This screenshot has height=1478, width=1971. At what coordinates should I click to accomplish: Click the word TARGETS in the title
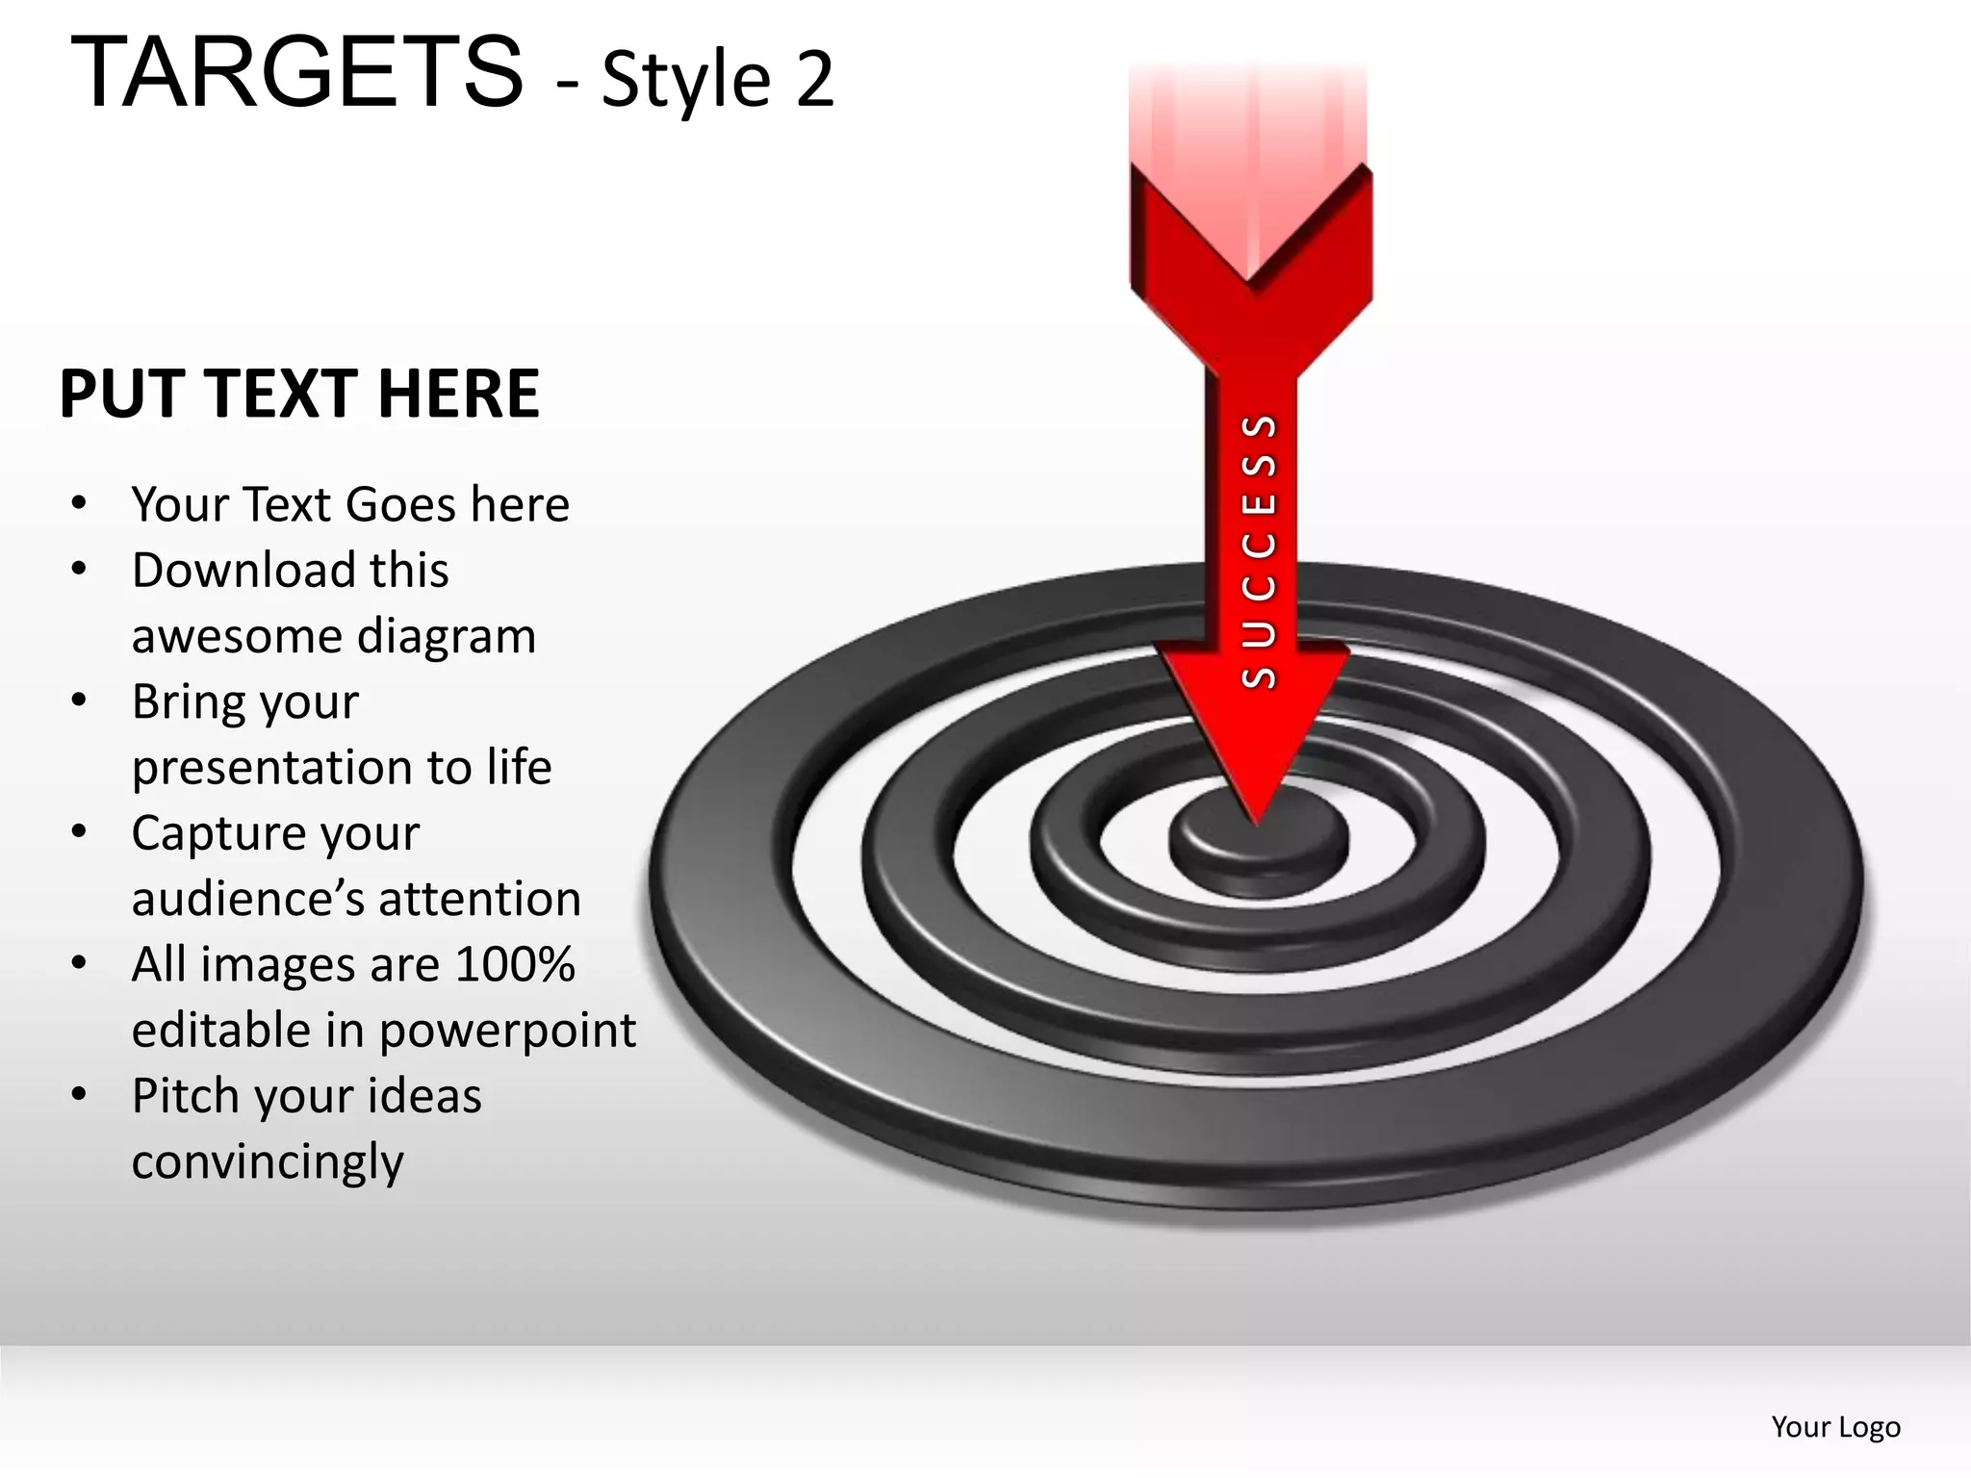pos(296,72)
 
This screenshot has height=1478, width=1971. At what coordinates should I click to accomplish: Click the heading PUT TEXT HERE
pos(299,394)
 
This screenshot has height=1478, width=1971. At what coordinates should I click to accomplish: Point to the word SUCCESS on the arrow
pos(1259,551)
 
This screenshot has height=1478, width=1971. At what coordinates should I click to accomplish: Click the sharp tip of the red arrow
pos(1256,820)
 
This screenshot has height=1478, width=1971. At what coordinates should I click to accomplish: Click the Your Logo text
pos(1835,1427)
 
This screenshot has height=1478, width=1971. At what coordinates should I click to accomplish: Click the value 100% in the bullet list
pos(515,964)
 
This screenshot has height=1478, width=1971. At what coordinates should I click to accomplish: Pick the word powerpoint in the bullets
pos(507,1031)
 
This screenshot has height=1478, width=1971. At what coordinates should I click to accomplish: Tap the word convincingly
pos(268,1162)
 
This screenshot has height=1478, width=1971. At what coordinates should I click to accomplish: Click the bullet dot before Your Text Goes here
pos(79,503)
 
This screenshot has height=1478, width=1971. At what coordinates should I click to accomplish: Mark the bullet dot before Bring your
pos(79,701)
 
